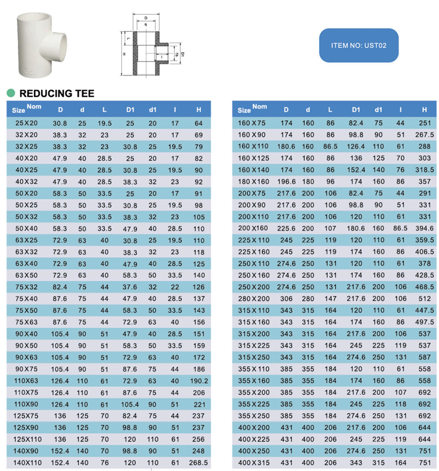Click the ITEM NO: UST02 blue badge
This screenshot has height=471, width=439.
point(358,45)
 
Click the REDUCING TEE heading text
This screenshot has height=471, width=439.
point(57,94)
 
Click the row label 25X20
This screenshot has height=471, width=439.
point(26,123)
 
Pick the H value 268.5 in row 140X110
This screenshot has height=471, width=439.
point(198,463)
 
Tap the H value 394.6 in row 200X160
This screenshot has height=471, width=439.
point(424,228)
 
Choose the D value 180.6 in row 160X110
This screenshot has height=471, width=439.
point(286,146)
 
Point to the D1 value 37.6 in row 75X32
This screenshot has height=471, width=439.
point(130,287)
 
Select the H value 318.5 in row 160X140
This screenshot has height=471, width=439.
point(424,169)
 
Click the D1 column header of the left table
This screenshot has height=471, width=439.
point(130,109)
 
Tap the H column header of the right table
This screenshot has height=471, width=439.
point(424,109)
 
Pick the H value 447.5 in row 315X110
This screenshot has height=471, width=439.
point(424,310)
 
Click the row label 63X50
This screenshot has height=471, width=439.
point(26,275)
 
